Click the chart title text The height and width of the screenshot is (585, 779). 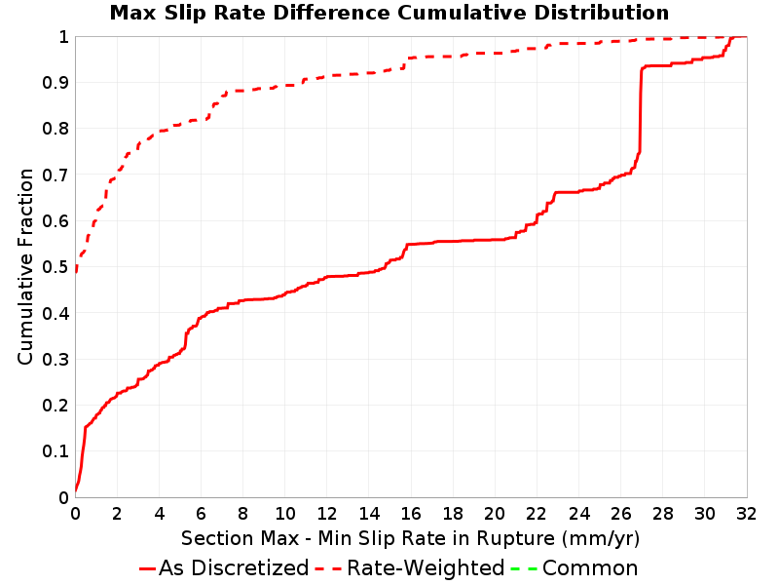(x=389, y=13)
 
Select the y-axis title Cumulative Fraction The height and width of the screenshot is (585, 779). (x=25, y=266)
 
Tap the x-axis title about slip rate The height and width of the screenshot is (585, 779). (x=410, y=539)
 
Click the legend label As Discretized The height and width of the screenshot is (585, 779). (x=234, y=568)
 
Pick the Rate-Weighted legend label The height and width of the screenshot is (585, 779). (x=426, y=568)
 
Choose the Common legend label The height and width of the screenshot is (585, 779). (x=590, y=568)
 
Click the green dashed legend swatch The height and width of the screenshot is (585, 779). (x=524, y=568)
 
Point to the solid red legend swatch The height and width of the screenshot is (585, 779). (x=148, y=568)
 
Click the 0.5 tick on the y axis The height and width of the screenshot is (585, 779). (x=56, y=267)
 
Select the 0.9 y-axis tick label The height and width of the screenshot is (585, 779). (x=56, y=83)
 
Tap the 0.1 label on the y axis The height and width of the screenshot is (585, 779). (x=56, y=451)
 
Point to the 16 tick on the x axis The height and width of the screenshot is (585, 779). (x=411, y=514)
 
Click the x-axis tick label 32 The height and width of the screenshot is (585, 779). (x=746, y=514)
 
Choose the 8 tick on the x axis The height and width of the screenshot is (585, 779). (x=242, y=514)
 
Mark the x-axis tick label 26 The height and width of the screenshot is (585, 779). (x=620, y=514)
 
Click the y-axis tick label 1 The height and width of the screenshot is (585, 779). (x=63, y=37)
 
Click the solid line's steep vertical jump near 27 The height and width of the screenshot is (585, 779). (x=641, y=109)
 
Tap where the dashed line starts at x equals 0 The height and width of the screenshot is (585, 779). (x=76, y=272)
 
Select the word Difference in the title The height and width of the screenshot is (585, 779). (x=331, y=13)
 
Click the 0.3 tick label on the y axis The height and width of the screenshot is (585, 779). (x=56, y=359)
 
